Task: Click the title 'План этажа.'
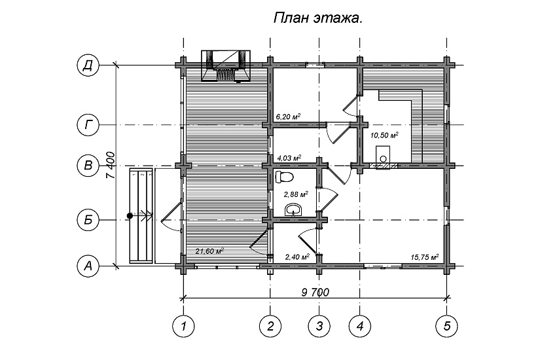coord(318,19)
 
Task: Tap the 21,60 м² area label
coord(209,251)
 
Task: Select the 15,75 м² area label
coord(424,257)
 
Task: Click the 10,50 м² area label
coord(385,135)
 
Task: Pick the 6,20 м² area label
coord(288,117)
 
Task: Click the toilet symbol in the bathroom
coord(285,177)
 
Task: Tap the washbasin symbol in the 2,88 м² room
coord(294,209)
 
